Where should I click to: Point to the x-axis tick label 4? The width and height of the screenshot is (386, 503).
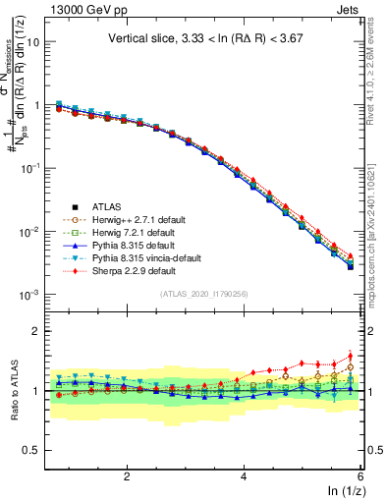[x=244, y=475]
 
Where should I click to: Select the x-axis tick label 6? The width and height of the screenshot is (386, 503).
[x=360, y=475]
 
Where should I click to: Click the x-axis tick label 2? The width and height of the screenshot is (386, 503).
[x=127, y=475]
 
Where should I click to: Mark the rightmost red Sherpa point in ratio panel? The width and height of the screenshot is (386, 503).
[x=351, y=357]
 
